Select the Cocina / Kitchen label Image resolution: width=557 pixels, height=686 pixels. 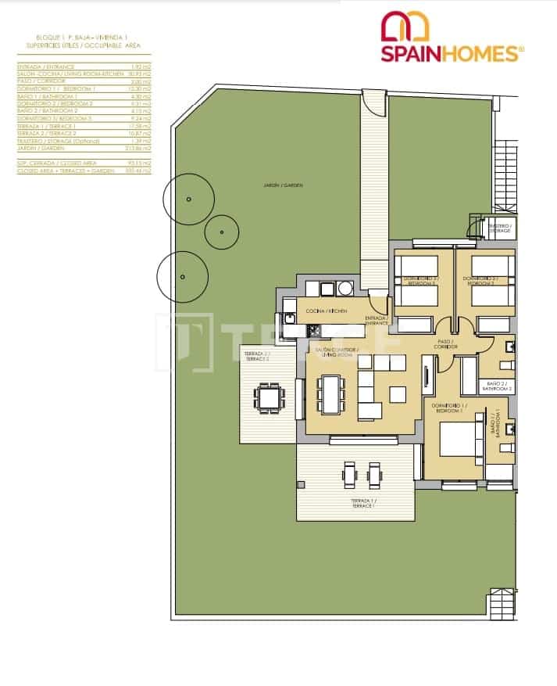325,311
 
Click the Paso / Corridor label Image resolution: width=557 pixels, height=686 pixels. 446,343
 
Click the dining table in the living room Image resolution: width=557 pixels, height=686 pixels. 331,393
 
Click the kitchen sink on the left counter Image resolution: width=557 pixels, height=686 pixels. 290,318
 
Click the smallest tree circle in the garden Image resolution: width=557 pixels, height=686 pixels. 222,232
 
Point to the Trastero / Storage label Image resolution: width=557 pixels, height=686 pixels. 499,228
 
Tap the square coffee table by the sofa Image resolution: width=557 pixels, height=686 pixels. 398,393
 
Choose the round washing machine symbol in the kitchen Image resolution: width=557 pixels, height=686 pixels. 345,289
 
